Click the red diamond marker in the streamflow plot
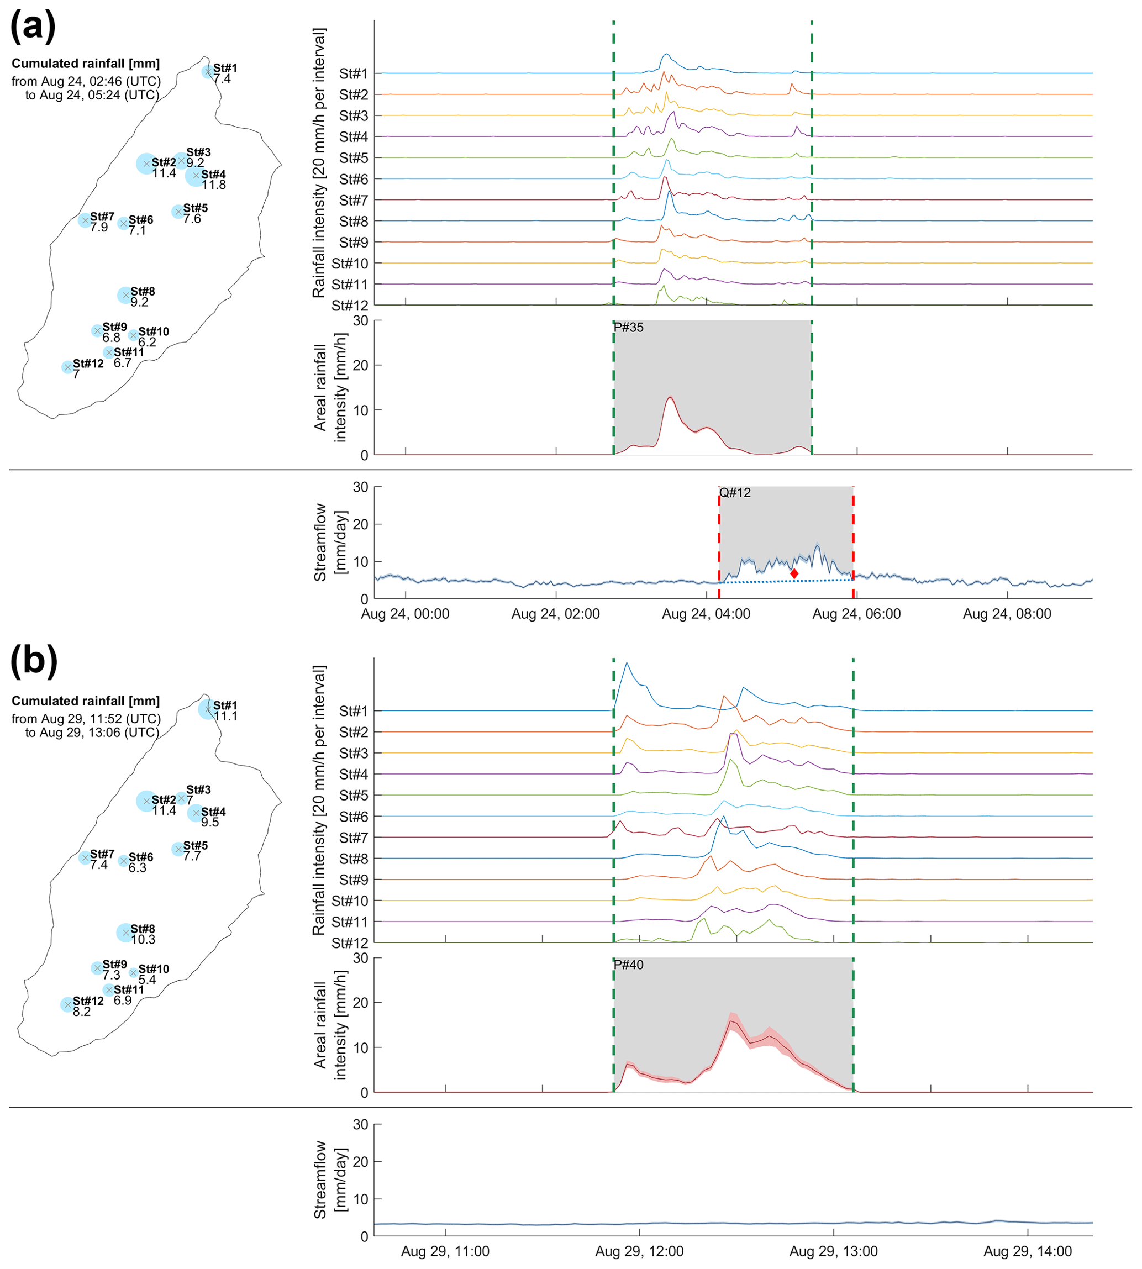point(794,573)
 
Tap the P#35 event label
point(628,328)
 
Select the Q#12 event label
point(735,492)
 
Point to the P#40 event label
point(628,965)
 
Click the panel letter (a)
point(33,27)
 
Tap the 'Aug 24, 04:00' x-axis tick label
point(706,614)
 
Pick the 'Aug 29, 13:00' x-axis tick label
point(833,1251)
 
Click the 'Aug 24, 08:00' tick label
point(1007,614)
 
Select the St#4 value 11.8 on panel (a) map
point(214,185)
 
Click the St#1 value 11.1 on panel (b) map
point(225,717)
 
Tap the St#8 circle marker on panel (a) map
point(125,295)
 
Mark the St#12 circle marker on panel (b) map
point(68,1005)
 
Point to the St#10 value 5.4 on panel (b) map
point(147,980)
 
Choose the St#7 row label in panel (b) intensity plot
point(353,838)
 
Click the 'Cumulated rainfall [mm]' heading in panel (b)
point(86,701)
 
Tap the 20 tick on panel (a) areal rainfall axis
point(361,365)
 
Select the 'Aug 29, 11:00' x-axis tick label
point(445,1251)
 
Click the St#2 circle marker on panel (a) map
point(146,164)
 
